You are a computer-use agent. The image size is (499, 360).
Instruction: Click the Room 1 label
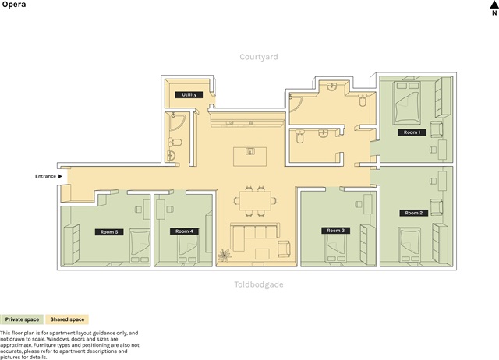tap(412, 132)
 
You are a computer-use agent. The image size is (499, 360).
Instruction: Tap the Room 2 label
tap(414, 213)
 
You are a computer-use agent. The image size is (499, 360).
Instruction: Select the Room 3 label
tap(336, 230)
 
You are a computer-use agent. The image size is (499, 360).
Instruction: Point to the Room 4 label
tap(184, 231)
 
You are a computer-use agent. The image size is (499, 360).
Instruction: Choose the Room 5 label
tap(109, 232)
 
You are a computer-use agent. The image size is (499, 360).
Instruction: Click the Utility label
tap(189, 94)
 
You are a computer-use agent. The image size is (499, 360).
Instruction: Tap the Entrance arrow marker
tap(60, 176)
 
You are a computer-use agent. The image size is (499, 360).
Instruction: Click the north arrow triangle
tap(494, 4)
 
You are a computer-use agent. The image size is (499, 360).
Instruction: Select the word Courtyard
tap(259, 57)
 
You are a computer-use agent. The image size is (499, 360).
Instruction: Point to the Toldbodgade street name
tap(259, 284)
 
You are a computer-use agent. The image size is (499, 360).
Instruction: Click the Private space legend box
tap(22, 319)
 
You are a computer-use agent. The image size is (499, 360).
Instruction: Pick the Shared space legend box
tap(67, 319)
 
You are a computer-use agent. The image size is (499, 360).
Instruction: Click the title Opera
tap(14, 5)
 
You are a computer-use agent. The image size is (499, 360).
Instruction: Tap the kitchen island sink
tap(250, 151)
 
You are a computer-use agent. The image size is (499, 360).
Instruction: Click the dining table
tap(255, 200)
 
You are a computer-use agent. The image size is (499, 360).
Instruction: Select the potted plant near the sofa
tap(224, 255)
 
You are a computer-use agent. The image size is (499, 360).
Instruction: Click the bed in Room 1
tap(406, 102)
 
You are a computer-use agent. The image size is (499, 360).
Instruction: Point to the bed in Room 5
tap(140, 245)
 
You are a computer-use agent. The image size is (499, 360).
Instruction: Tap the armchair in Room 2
tap(437, 206)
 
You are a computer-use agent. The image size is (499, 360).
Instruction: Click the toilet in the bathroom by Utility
tap(175, 142)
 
